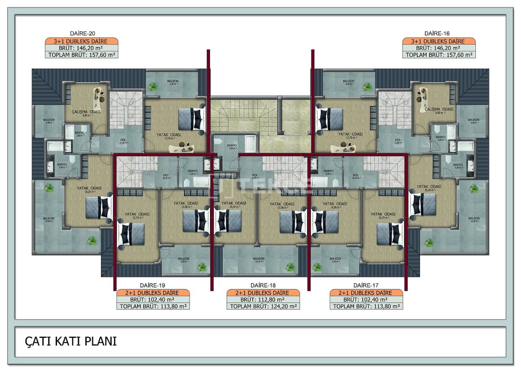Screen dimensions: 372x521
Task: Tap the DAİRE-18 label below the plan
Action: (263, 285)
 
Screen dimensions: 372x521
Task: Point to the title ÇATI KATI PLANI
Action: (71, 342)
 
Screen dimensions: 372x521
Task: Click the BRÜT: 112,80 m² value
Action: (263, 300)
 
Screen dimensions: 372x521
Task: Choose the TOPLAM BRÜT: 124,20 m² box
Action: (263, 307)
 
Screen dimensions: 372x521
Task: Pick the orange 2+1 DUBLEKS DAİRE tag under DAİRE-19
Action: (153, 293)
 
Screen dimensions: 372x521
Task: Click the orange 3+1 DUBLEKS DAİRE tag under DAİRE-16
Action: (439, 41)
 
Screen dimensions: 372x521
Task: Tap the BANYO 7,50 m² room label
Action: (232, 146)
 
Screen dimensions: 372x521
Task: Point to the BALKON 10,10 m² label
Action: (259, 260)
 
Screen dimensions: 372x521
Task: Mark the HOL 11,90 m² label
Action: (256, 176)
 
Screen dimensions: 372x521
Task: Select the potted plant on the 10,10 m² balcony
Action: (290, 267)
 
